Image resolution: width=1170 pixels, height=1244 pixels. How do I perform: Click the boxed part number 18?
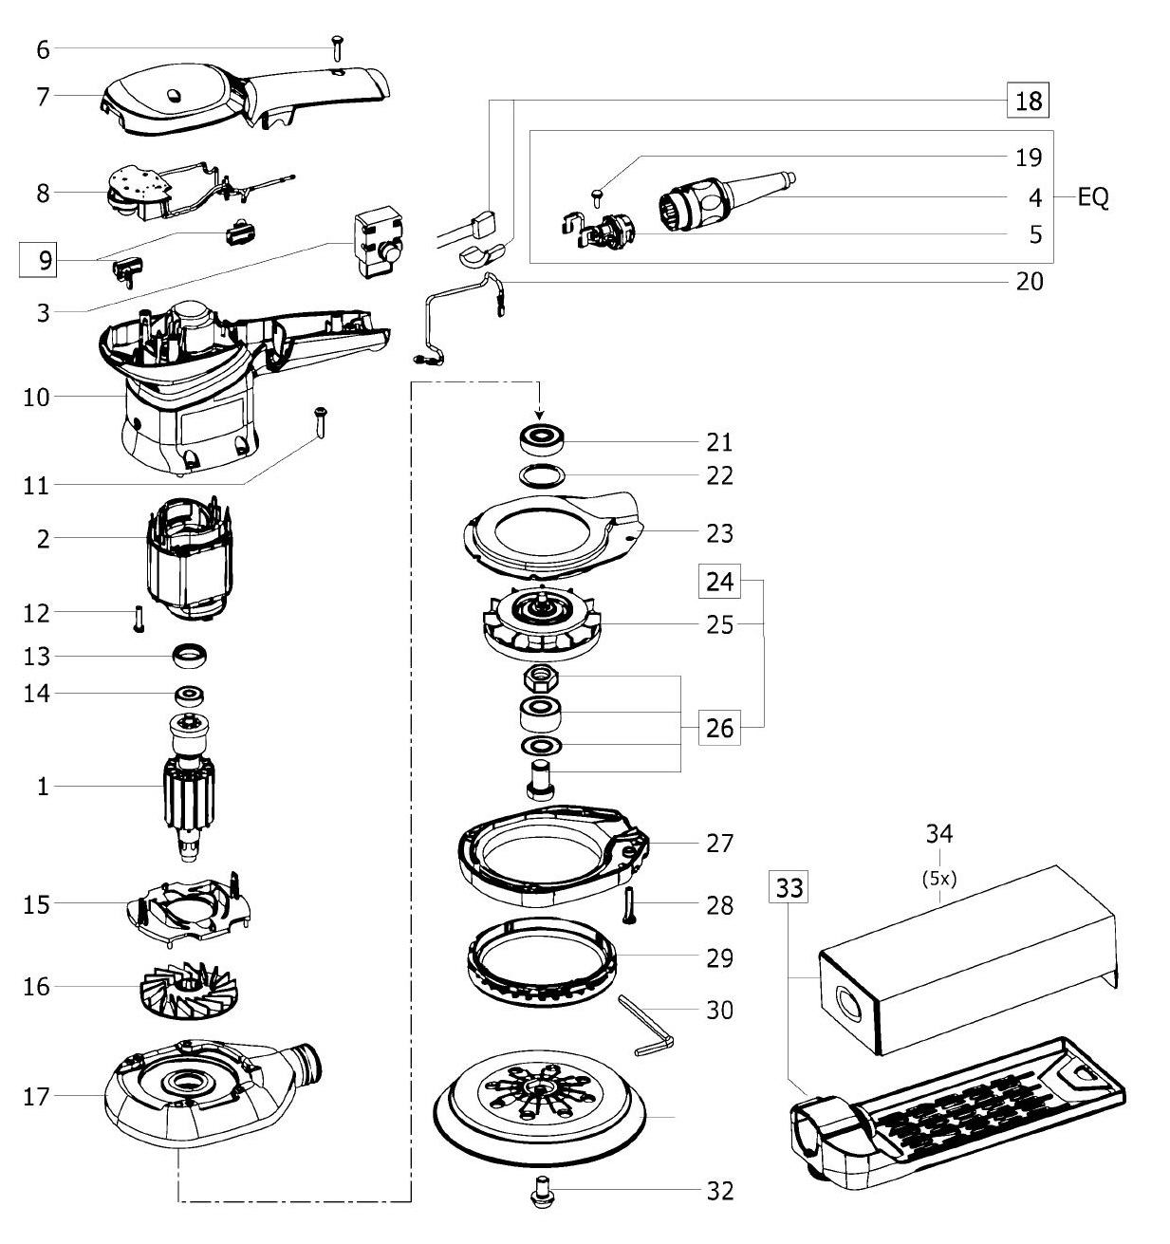[1027, 101]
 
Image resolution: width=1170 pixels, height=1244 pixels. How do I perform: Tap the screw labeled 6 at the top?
[338, 48]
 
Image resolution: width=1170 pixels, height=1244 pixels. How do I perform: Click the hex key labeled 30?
[646, 1026]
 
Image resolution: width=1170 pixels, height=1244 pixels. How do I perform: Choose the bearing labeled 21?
[542, 439]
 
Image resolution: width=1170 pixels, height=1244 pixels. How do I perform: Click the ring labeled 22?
[542, 475]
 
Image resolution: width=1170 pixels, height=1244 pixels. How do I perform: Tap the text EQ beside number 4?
[1093, 197]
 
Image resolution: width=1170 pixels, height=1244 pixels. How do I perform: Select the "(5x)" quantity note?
[938, 879]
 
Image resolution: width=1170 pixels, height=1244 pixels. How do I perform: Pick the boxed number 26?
[719, 727]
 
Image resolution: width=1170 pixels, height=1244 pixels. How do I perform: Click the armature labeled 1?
[189, 787]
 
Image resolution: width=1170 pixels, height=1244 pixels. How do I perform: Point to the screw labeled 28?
[628, 905]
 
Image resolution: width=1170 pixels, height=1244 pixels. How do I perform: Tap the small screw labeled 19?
[597, 195]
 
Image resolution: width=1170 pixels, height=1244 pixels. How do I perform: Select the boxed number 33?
[789, 887]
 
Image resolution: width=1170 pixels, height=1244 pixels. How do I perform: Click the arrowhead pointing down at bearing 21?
[540, 414]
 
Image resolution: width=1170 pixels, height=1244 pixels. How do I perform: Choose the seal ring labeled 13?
[190, 656]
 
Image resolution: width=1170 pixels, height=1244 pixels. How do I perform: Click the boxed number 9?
[38, 259]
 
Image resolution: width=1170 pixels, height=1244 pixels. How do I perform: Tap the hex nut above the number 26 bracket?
[540, 678]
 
